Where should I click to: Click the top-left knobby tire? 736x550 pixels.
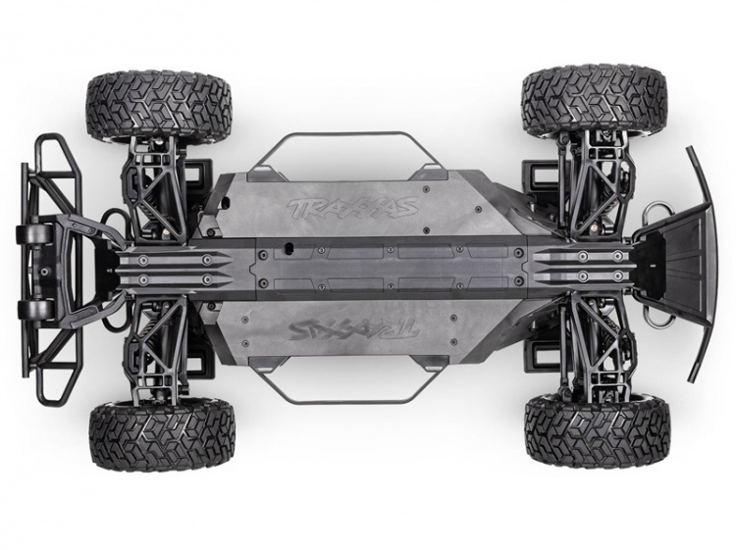[158, 105]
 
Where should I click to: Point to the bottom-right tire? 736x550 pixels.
[597, 431]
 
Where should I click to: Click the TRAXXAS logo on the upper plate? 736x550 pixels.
[352, 208]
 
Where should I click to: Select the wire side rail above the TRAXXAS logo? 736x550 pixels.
[342, 138]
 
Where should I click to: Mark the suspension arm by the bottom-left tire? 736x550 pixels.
[157, 353]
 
